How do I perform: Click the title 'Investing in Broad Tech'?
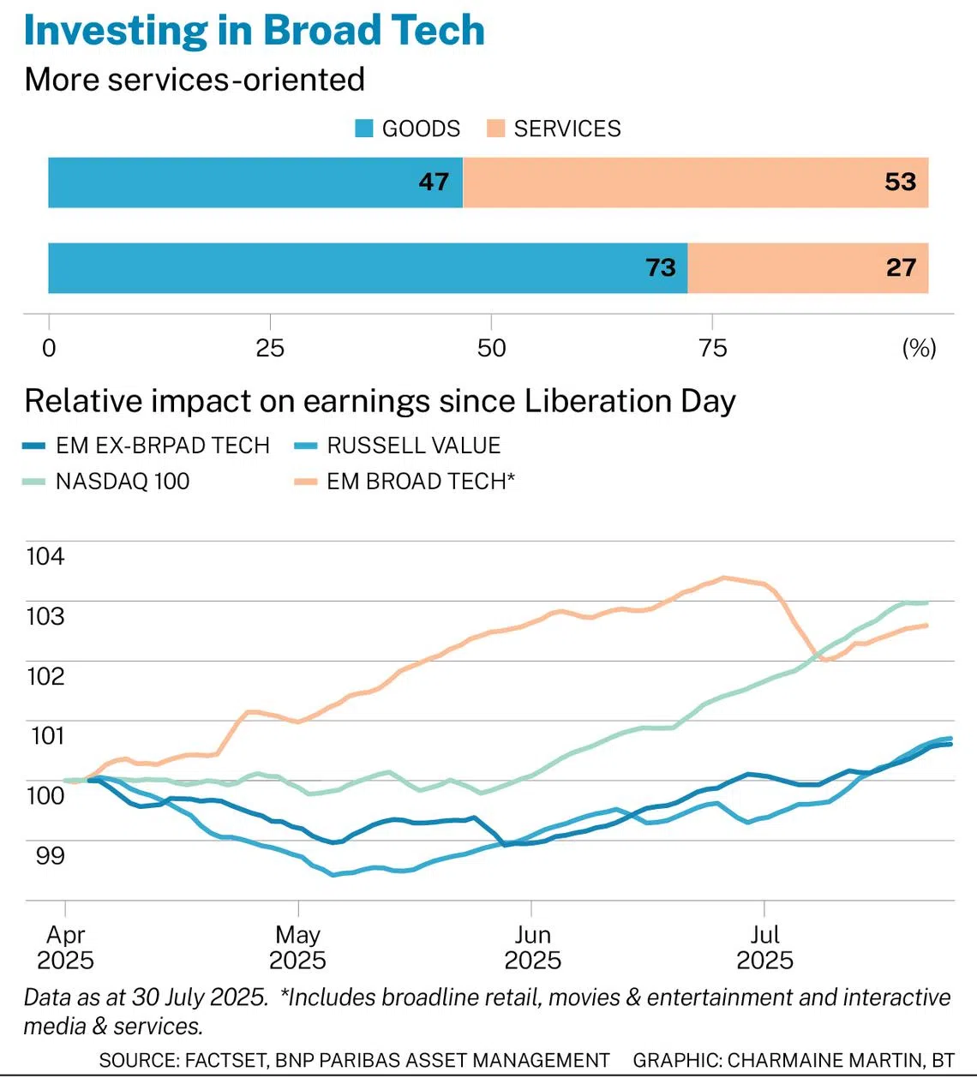coord(255,30)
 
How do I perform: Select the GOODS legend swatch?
coord(364,129)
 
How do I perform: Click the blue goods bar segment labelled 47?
coord(255,183)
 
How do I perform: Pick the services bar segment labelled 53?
coord(695,183)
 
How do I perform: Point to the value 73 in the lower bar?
coord(661,267)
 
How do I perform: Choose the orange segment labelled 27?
coord(808,267)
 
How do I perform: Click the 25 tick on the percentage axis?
coord(270,348)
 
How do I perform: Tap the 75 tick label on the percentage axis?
coord(712,348)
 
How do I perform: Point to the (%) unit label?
coord(919,348)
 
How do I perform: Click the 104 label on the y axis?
coord(45,556)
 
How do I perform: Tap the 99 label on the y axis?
coord(50,855)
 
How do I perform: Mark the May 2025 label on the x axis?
coord(297,947)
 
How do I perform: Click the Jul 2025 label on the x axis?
coord(764,947)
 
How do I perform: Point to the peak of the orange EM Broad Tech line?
coord(723,577)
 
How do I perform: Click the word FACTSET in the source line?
coord(225,1060)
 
